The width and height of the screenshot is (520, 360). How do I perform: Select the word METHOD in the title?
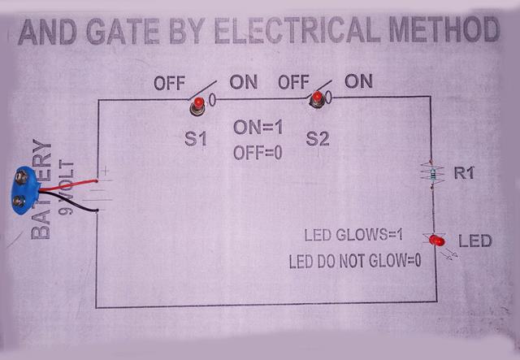[443, 31]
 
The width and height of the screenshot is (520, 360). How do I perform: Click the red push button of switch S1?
[197, 103]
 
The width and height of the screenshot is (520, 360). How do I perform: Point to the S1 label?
[195, 139]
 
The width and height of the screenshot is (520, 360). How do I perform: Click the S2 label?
[318, 139]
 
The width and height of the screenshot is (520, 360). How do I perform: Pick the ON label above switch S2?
[358, 81]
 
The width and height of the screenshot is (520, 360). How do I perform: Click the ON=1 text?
[258, 128]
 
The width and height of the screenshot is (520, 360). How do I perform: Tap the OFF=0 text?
[258, 152]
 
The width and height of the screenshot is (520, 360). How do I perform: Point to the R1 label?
[466, 172]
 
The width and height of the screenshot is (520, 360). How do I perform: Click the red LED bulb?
[435, 241]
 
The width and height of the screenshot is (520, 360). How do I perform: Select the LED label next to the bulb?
[475, 241]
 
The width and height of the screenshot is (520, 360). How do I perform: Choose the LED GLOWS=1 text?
[353, 236]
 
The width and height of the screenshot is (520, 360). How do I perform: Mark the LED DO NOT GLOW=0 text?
[355, 262]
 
